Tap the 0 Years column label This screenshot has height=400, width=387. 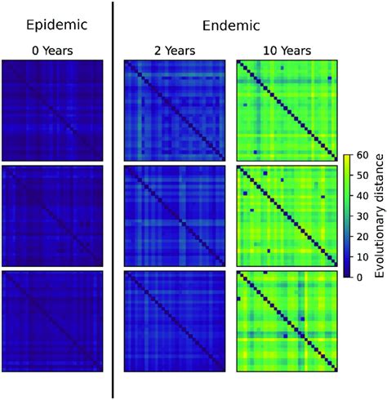click(52, 51)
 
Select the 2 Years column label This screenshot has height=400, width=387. click(173, 51)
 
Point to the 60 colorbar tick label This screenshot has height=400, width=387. click(363, 153)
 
